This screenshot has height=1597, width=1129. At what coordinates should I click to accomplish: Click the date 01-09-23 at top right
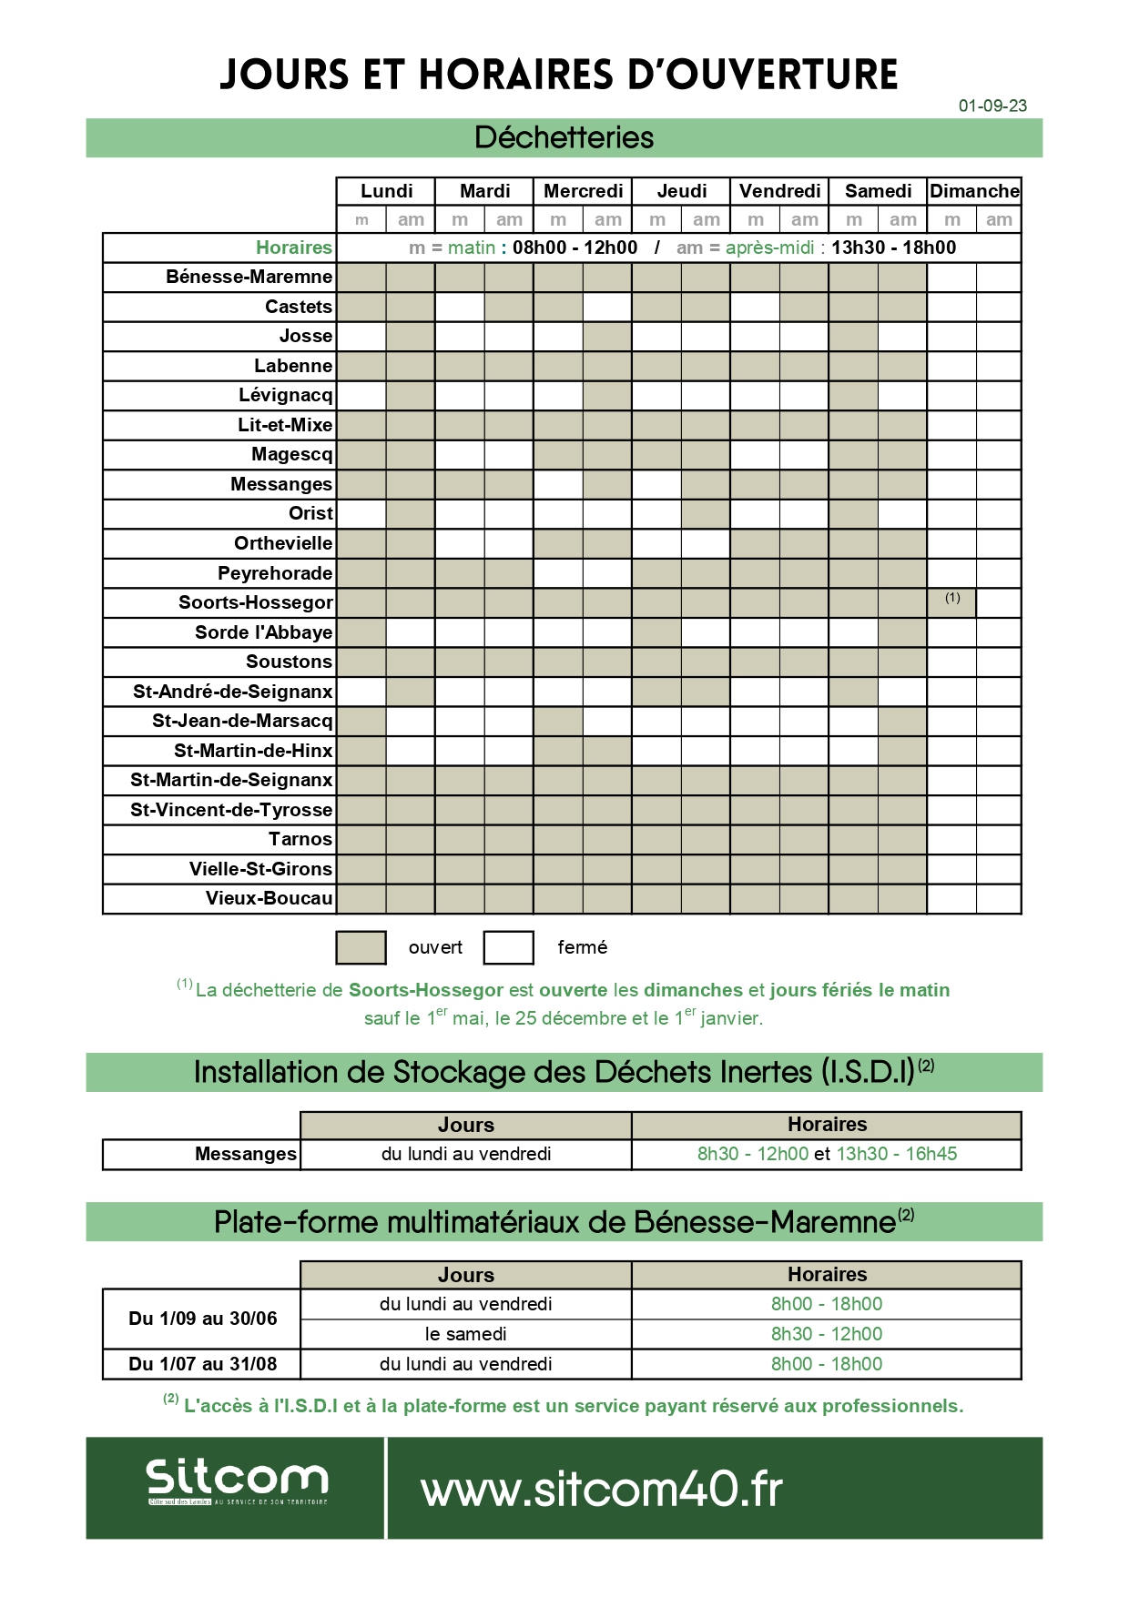click(992, 106)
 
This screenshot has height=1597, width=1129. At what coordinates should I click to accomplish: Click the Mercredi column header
click(583, 191)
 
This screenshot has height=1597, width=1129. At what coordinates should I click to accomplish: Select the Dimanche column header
click(974, 191)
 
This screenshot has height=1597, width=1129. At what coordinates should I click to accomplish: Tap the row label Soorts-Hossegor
click(256, 602)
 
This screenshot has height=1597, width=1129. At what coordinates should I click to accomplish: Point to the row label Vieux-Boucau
click(269, 898)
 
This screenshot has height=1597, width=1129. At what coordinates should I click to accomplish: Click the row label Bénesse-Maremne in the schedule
click(249, 277)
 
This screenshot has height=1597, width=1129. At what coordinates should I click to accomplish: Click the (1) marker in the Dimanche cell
click(952, 598)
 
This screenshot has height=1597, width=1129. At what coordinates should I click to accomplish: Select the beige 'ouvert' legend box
click(361, 947)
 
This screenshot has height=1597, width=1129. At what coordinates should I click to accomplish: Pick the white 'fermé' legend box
click(508, 947)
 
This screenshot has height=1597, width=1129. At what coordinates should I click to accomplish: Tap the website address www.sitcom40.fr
click(602, 1490)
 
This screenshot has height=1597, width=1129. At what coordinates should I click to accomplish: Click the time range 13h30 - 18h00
click(893, 248)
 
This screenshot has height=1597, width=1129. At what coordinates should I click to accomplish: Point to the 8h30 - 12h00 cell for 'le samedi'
click(826, 1334)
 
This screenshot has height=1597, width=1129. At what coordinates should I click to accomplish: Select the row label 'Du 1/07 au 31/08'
click(202, 1364)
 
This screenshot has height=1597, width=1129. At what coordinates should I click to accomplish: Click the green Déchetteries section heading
click(564, 138)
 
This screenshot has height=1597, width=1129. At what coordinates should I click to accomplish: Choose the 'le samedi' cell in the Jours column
click(465, 1334)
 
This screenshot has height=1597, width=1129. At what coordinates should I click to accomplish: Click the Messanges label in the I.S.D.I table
click(245, 1154)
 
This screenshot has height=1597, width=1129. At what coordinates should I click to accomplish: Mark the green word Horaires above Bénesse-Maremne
click(293, 248)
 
